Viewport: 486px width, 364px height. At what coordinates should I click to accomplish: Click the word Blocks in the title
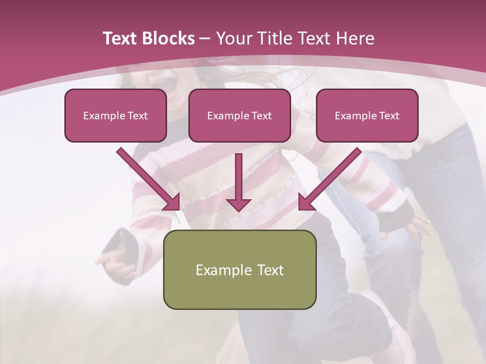pos(169,38)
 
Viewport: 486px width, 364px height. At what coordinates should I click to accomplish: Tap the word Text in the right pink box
pos(389,116)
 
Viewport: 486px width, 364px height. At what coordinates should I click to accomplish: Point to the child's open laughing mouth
pos(168,84)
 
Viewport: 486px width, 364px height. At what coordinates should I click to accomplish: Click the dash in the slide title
pos(205,38)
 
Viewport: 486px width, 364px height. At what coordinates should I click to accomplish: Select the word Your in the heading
pos(234,38)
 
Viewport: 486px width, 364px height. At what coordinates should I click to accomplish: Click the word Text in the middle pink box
pos(261,116)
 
